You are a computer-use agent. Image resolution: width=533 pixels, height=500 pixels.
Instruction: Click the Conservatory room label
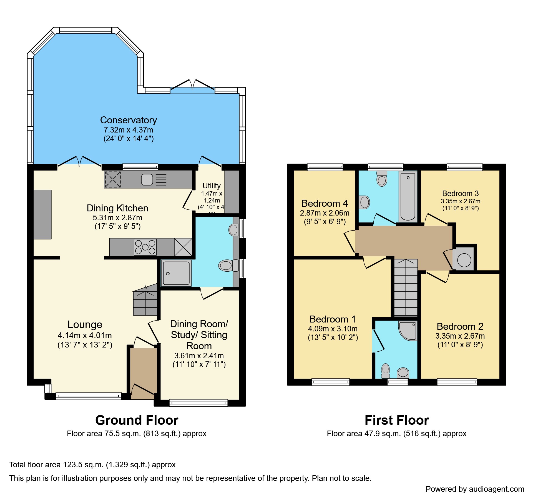tap(128, 120)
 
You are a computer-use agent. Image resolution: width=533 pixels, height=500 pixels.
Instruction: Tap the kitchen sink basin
tap(147, 179)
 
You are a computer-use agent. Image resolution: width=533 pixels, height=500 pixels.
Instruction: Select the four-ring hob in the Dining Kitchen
tap(145, 247)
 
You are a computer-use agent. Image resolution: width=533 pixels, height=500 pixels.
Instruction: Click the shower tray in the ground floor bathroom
tap(176, 273)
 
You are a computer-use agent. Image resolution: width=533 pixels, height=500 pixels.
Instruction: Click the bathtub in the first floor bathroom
tap(408, 196)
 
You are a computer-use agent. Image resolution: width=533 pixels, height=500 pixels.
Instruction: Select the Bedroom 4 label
tap(325, 203)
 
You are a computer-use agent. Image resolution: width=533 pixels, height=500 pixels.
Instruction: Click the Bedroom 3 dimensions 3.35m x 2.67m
tap(460, 201)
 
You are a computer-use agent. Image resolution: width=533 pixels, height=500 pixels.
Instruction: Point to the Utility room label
tap(212, 186)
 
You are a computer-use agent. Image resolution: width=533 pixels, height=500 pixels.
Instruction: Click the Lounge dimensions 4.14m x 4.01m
tap(85, 335)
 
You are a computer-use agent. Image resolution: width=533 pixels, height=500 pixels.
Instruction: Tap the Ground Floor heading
tap(137, 420)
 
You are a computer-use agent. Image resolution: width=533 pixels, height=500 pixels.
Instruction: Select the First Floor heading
tap(396, 420)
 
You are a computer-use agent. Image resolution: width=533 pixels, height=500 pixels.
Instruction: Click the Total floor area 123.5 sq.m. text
tap(92, 465)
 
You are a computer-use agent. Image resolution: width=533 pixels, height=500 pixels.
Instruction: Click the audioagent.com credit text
tap(475, 489)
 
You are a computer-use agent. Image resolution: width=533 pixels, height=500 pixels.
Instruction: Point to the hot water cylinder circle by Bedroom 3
tap(464, 260)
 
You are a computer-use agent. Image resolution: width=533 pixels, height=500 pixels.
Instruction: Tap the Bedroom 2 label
tap(460, 326)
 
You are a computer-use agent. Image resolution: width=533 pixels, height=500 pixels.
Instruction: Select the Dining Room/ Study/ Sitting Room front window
tap(198, 403)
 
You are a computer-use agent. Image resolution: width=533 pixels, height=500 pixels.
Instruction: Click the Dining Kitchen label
tap(117, 208)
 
